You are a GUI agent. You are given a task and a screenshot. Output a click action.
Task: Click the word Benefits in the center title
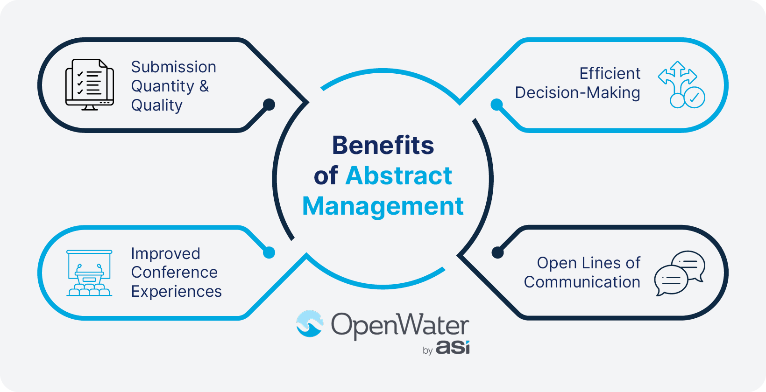(383, 146)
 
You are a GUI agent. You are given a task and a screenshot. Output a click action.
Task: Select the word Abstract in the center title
(399, 176)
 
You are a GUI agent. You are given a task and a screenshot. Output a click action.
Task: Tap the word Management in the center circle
(383, 206)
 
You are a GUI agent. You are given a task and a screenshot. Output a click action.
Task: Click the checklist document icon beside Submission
(89, 84)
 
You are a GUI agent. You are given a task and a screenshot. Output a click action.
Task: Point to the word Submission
(173, 67)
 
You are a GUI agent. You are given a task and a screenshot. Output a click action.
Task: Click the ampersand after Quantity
(204, 86)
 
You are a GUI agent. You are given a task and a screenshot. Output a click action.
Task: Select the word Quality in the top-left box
(156, 105)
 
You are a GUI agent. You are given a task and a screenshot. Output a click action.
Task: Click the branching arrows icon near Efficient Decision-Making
(681, 84)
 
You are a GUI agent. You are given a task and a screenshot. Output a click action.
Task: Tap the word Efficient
(610, 74)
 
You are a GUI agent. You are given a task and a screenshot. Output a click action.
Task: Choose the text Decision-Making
(577, 93)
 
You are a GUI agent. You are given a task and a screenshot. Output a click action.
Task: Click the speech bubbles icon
(680, 273)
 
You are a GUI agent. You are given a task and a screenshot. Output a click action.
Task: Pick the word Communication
(582, 282)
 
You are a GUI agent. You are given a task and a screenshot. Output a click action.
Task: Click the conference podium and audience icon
(89, 273)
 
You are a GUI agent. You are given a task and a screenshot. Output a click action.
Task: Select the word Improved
(165, 254)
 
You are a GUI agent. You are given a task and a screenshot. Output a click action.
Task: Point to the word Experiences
(176, 292)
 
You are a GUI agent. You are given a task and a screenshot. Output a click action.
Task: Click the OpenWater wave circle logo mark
(310, 323)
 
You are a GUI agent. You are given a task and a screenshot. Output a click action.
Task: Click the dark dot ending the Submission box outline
(269, 105)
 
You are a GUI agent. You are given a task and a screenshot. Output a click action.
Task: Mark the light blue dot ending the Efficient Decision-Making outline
(497, 105)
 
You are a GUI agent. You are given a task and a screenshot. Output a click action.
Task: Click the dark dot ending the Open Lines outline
(497, 252)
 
